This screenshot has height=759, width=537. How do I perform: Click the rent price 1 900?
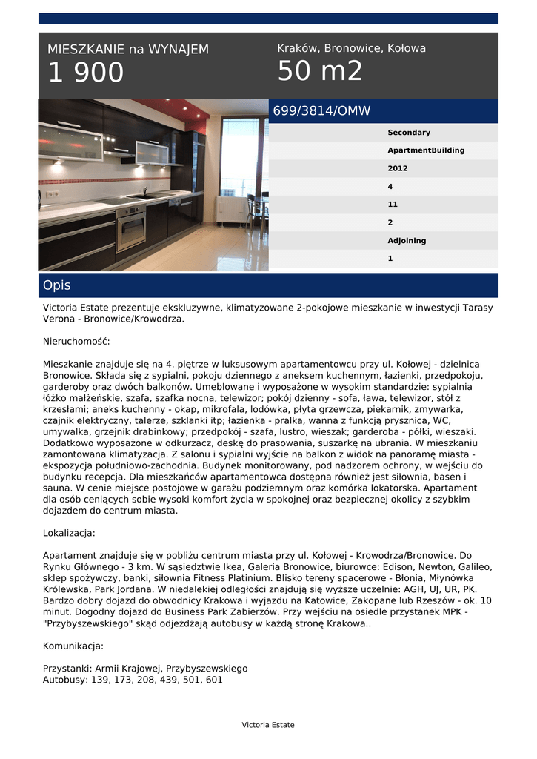coord(86,73)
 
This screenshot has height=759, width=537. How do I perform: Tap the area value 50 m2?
coord(320,71)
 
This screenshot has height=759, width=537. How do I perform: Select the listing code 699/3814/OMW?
coord(321,111)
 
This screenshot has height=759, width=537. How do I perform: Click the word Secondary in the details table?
coord(409,133)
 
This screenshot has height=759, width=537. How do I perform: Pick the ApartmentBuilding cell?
coord(426,150)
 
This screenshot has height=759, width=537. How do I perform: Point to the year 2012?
coord(398,168)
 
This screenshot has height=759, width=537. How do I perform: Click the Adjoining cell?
coord(407,241)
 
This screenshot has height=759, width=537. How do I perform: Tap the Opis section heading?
coord(57,285)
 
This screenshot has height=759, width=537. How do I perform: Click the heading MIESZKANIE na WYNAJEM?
coord(128,50)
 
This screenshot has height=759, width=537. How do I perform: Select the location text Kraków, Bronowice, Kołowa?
coord(351,48)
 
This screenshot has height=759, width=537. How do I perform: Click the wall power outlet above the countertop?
coord(52,194)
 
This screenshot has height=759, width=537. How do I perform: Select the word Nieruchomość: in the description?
coord(76,342)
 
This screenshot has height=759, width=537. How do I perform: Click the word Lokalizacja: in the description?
coord(69,533)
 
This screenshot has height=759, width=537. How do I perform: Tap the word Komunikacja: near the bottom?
coord(73,646)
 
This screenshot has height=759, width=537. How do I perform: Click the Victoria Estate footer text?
coord(268,725)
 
